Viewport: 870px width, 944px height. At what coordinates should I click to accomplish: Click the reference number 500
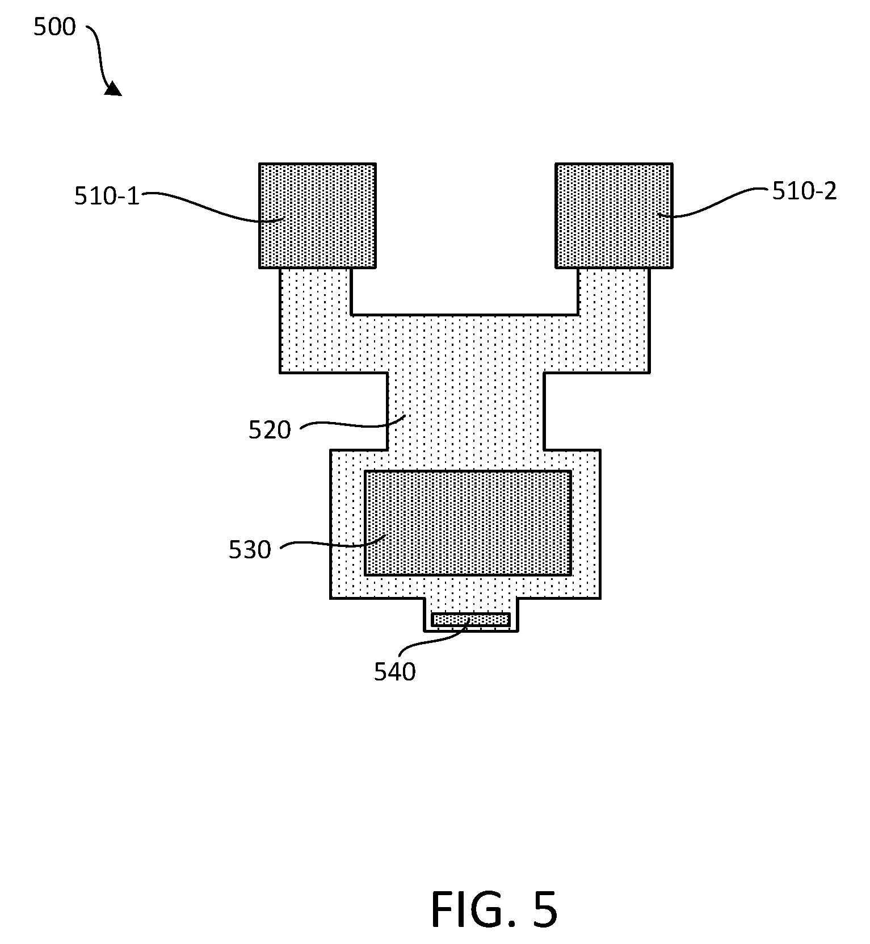[54, 27]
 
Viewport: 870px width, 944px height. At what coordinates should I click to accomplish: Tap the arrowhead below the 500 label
[113, 89]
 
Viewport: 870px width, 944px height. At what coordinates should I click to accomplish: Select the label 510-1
[107, 196]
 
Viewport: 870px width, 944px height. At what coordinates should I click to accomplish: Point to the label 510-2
[804, 191]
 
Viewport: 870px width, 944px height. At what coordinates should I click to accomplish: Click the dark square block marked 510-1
[318, 216]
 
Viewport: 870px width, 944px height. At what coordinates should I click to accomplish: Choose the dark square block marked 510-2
[614, 216]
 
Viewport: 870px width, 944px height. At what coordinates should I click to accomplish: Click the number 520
[270, 430]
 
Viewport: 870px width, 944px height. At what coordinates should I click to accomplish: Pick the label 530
[250, 550]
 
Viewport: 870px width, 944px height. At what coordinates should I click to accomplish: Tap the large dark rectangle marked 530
[468, 523]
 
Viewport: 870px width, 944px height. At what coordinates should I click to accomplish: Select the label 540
[395, 672]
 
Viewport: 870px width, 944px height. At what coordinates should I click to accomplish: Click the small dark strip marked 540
[470, 620]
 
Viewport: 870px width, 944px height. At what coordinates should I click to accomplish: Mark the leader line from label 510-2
[716, 202]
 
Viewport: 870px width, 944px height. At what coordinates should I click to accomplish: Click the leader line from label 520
[352, 423]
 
